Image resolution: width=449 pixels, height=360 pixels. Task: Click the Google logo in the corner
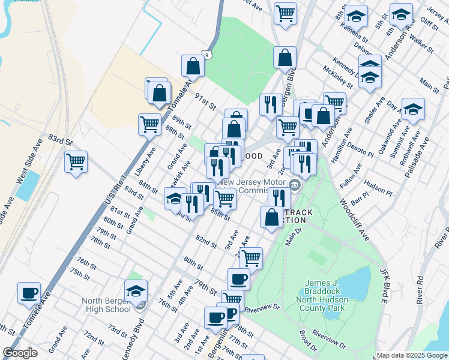(x=20, y=353)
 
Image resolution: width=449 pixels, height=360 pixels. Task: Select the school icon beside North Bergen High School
(x=136, y=291)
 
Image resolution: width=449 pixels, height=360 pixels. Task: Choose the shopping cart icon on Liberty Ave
(x=149, y=125)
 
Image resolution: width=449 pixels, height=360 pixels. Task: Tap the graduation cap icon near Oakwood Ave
(x=413, y=109)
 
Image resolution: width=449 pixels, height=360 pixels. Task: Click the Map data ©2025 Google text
(x=412, y=355)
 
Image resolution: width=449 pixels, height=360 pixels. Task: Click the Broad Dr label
(x=307, y=340)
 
